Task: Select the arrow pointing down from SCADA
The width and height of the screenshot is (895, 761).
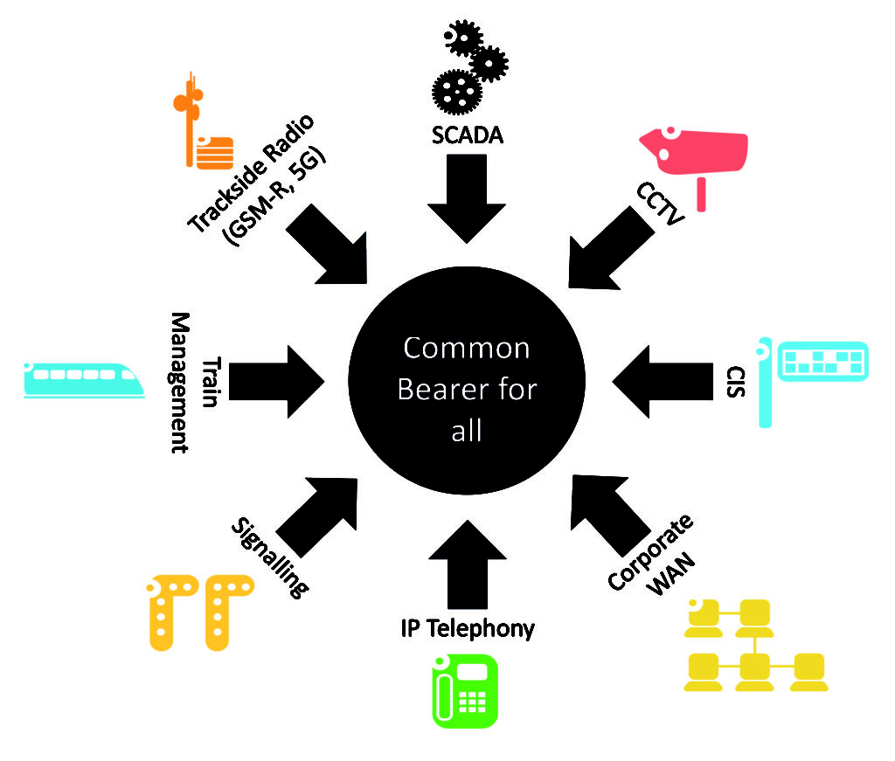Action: [467, 196]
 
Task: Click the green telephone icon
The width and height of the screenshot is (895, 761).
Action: [466, 690]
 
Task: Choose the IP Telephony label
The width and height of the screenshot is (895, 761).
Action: [468, 627]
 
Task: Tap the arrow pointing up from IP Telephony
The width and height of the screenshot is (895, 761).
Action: [467, 564]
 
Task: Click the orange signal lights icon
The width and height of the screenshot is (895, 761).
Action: [200, 612]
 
